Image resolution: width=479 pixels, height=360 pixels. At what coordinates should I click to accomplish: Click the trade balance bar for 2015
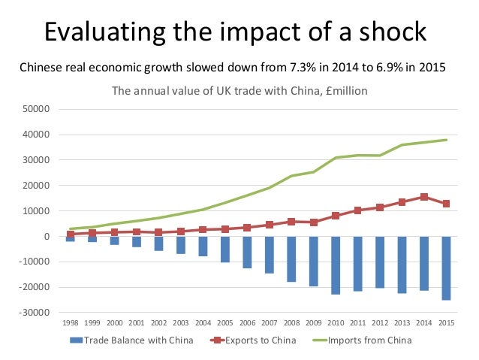pos(446,268)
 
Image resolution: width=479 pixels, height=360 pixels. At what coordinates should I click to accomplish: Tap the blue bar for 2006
pos(247,252)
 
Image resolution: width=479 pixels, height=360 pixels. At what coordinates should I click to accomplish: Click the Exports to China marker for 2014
pos(424,197)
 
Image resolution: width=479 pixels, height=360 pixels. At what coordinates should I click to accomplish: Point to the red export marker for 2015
pos(446,204)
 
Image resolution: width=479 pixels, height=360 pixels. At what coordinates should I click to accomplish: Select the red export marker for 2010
pos(336,216)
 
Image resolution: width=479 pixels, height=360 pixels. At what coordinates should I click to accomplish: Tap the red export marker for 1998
pos(71,234)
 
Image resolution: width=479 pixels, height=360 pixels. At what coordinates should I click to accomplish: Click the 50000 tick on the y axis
pos(37,109)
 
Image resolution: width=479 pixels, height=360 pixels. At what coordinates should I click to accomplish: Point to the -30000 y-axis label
pos(35,313)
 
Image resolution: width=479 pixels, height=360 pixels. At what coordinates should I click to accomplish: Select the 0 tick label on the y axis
pos(47,237)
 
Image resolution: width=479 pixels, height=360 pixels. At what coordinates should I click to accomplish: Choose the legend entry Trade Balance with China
pos(134,340)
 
